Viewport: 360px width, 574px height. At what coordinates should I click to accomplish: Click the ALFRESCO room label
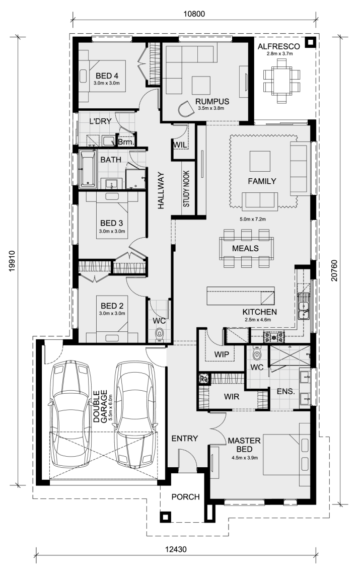tap(278, 46)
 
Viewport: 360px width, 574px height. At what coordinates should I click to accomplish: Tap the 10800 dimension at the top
tap(194, 14)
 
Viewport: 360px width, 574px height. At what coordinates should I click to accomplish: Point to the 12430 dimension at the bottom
tap(176, 549)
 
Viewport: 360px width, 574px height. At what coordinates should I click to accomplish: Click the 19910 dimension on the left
tap(12, 261)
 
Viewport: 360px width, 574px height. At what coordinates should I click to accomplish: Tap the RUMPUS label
tap(212, 101)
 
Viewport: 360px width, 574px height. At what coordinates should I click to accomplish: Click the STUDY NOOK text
tap(186, 189)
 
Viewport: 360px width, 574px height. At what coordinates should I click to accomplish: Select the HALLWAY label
tap(161, 191)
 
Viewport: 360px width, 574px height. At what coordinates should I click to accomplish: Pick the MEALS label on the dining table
tap(245, 249)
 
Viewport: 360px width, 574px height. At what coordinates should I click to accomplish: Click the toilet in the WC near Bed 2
tap(159, 334)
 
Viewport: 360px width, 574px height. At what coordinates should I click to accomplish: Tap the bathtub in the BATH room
tap(88, 169)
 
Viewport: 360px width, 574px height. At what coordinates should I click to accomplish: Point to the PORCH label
tap(186, 497)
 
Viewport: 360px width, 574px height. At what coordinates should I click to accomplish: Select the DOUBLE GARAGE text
tap(100, 406)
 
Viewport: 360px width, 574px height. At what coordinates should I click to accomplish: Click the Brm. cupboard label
tap(126, 142)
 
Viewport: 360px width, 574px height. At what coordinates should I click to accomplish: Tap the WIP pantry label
tap(222, 354)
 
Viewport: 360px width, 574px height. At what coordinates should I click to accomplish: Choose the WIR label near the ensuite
tap(232, 396)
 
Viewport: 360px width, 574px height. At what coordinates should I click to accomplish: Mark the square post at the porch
tap(165, 517)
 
